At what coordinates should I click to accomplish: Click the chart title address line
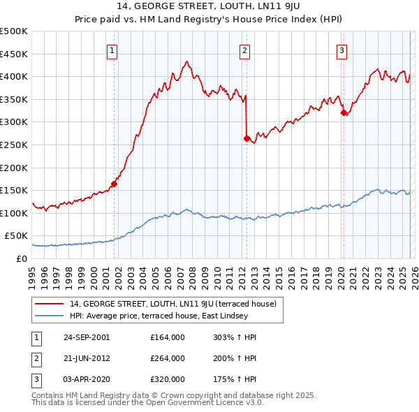coord(209,8)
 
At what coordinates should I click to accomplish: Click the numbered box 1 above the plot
coord(112,50)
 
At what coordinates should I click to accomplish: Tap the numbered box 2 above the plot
coord(245,50)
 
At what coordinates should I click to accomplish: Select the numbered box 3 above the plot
coord(341,50)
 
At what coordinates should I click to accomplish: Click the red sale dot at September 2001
coord(114,184)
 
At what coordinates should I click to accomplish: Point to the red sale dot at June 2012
coord(247,138)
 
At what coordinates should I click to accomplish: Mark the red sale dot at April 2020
coord(343,112)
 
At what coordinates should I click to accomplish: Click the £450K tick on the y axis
coord(14,54)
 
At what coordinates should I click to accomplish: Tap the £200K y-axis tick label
coord(14,168)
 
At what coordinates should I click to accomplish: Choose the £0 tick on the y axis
coord(21,258)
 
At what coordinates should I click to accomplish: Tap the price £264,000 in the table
coord(168,358)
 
